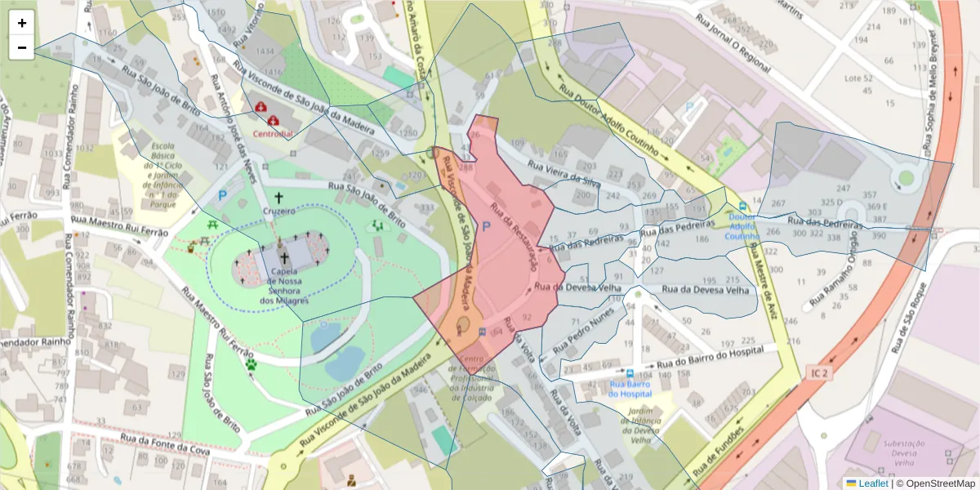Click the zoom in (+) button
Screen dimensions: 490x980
point(22,23)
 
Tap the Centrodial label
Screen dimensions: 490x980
point(272,134)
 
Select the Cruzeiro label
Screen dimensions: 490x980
point(278,210)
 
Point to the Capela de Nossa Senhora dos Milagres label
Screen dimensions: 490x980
point(283,287)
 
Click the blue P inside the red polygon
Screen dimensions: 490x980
point(487,228)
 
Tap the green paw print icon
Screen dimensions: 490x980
point(252,365)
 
